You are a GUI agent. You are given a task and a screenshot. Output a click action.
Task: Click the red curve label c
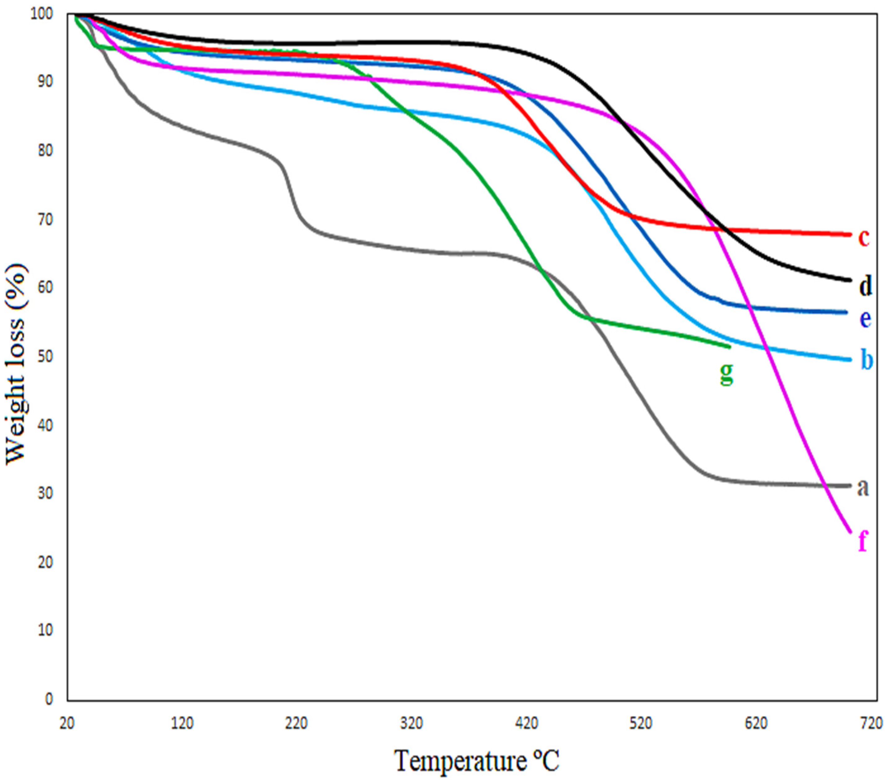(x=864, y=238)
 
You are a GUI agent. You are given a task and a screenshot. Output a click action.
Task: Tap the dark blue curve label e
(x=865, y=319)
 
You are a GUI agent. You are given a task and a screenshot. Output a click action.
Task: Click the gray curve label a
(x=863, y=488)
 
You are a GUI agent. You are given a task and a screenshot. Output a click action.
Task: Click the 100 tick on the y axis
(x=41, y=14)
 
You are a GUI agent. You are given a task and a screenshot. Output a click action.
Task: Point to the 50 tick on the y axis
(x=45, y=356)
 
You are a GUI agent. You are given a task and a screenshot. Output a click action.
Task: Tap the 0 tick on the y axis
(x=49, y=699)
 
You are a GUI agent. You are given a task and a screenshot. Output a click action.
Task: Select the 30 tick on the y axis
(x=45, y=493)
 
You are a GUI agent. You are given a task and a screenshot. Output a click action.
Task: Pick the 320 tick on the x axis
(x=412, y=723)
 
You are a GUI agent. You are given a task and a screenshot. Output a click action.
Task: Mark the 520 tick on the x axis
(x=641, y=723)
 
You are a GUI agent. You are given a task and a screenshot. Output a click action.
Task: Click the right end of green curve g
(x=729, y=346)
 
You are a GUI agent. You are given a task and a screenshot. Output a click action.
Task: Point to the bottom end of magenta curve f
(x=849, y=531)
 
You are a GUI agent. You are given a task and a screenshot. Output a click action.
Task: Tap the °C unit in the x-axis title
(x=545, y=760)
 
